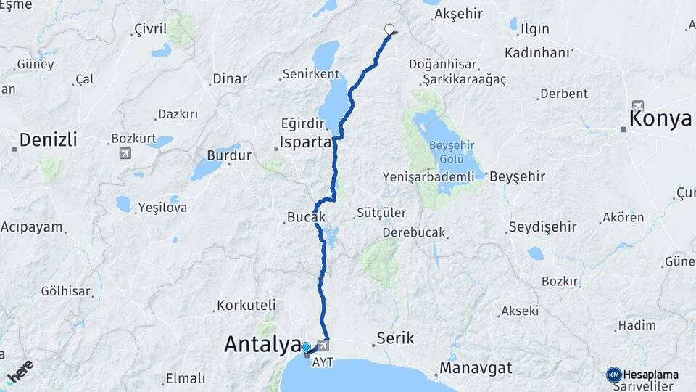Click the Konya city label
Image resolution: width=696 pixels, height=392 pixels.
[660, 119]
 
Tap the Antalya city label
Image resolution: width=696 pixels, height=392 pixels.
[262, 344]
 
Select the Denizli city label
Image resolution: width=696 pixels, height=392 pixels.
[48, 139]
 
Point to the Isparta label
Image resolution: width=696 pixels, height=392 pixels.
[306, 142]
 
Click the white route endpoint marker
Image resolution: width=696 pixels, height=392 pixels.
[389, 30]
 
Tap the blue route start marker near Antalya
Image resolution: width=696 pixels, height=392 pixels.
[306, 348]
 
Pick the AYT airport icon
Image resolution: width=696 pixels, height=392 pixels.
[323, 346]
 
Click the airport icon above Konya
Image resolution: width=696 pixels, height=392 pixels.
[637, 106]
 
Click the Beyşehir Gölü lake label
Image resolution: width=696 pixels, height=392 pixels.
[451, 150]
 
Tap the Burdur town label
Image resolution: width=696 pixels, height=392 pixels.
[229, 155]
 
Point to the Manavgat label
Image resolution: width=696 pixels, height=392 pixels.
[476, 368]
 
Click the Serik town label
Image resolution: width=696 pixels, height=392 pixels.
[395, 338]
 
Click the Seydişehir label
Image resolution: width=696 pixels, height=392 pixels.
[542, 227]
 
